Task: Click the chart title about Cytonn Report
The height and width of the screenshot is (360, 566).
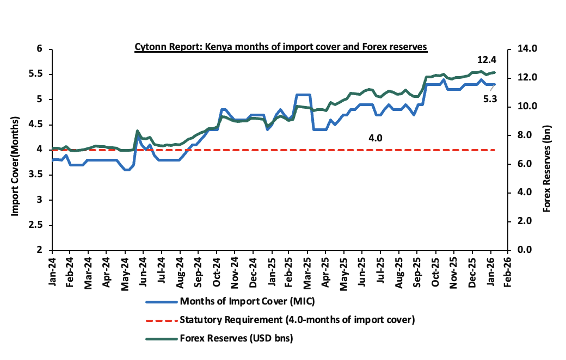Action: click(x=281, y=48)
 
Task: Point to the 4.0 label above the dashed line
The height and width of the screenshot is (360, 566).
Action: click(x=376, y=138)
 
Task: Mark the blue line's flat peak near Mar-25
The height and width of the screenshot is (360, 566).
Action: click(x=303, y=95)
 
